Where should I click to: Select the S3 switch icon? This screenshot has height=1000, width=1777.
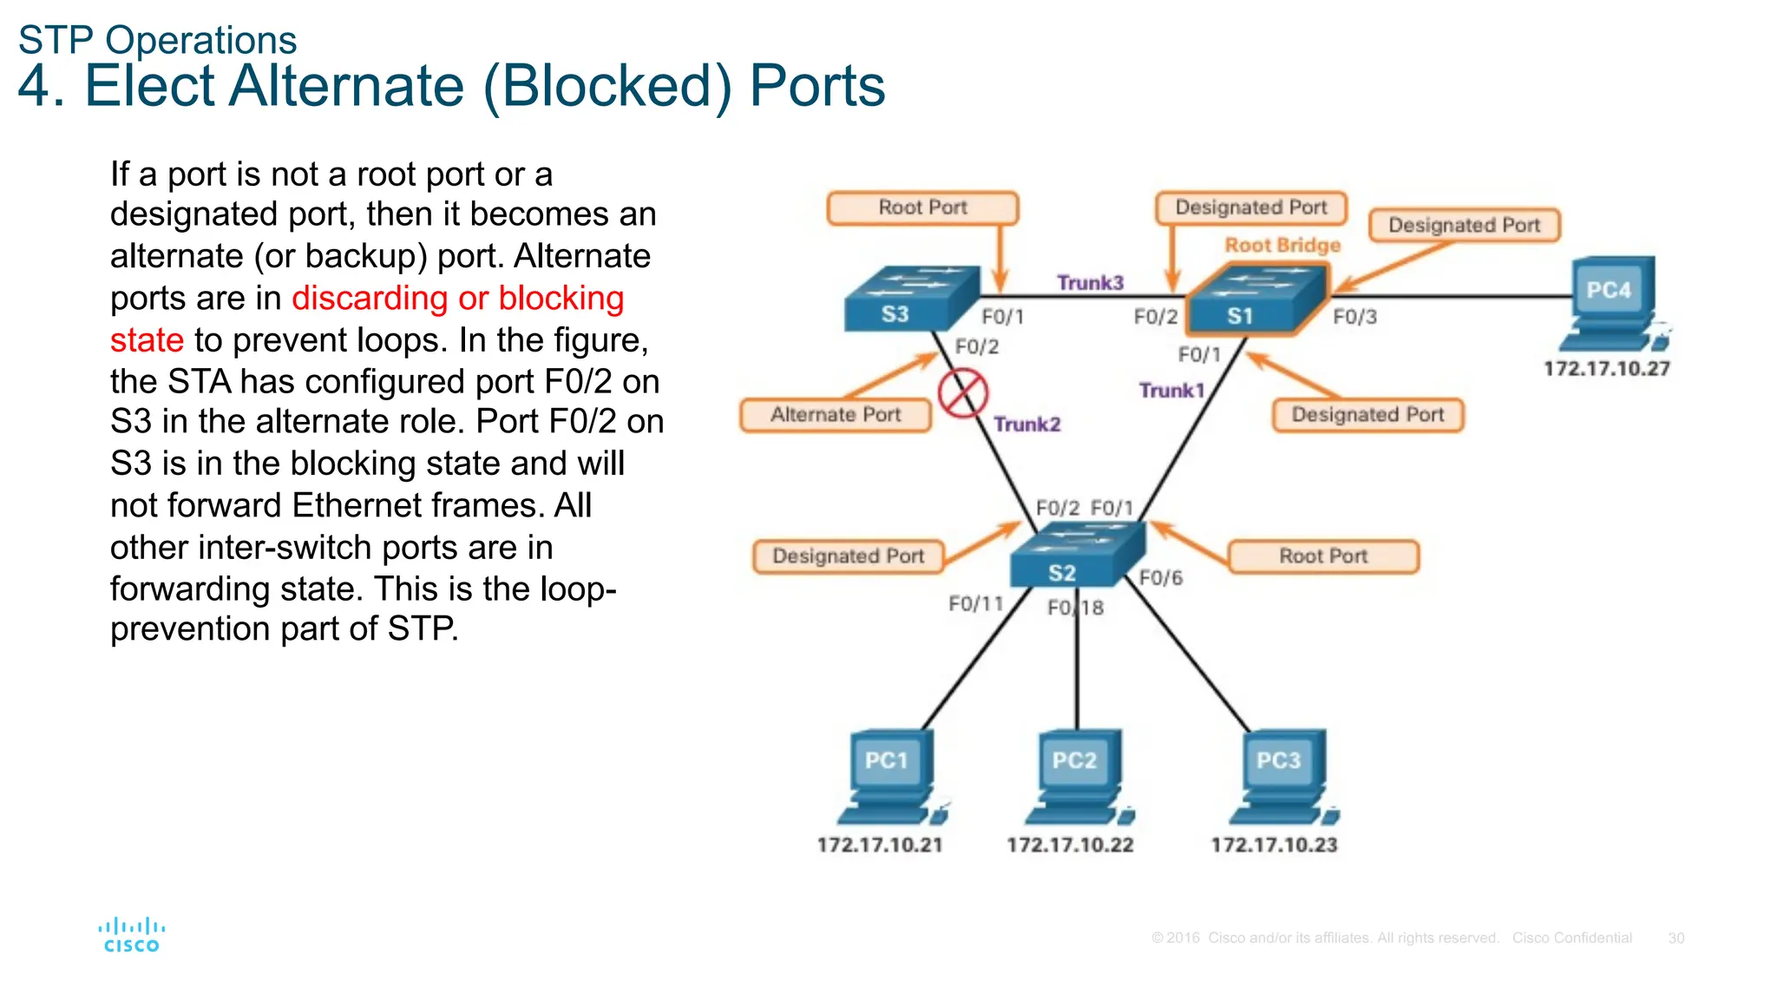click(910, 299)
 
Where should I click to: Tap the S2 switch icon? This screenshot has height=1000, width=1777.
click(1077, 557)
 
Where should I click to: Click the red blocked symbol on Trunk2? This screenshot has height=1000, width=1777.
click(962, 393)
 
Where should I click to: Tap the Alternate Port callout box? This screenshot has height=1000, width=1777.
click(835, 415)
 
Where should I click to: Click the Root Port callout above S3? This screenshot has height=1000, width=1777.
click(922, 208)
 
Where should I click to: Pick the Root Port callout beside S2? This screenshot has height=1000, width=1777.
click(1323, 556)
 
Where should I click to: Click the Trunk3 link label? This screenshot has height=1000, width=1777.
click(1090, 283)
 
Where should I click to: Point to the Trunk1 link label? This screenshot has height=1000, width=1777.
click(1171, 391)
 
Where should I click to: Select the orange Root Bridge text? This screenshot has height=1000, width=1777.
click(1282, 246)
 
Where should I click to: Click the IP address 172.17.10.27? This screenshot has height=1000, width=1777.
click(1606, 369)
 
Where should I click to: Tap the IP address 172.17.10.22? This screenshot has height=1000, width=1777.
click(1070, 845)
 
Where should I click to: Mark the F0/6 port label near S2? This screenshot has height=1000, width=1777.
click(1161, 578)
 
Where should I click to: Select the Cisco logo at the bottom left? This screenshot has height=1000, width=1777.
click(131, 936)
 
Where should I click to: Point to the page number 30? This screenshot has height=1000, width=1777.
click(1675, 938)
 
